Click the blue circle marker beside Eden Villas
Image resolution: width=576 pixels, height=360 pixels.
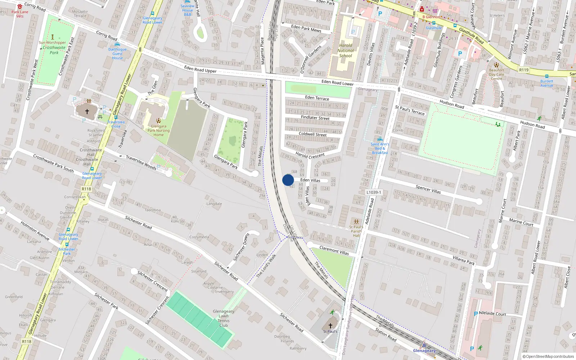click(288, 180)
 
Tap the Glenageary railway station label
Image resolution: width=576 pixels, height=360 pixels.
click(424, 351)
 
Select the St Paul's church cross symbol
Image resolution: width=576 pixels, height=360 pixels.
click(330, 325)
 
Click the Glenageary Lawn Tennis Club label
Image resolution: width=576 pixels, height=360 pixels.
click(224, 318)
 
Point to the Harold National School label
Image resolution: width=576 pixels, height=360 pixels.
click(346, 50)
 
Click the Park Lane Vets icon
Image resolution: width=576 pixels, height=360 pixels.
click(20, 7)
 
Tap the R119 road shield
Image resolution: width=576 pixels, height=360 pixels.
click(524, 70)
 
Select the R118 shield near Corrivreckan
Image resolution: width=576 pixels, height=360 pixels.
click(86, 189)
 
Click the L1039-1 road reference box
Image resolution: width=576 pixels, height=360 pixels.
click(374, 193)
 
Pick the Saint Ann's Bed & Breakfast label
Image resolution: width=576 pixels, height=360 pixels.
click(380, 148)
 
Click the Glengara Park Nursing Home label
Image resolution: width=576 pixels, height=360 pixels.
click(158, 130)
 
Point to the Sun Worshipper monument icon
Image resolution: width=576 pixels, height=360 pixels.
click(53, 37)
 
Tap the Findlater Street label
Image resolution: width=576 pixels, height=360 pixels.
click(315, 118)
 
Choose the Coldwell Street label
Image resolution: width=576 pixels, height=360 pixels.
click(312, 134)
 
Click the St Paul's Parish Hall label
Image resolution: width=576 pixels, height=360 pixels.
click(356, 231)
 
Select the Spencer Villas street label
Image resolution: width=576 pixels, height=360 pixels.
click(428, 189)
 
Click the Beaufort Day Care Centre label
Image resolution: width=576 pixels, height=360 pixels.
click(496, 75)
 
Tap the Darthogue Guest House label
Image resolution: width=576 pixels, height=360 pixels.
click(117, 54)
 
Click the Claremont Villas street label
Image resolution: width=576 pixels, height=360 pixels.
click(334, 251)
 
